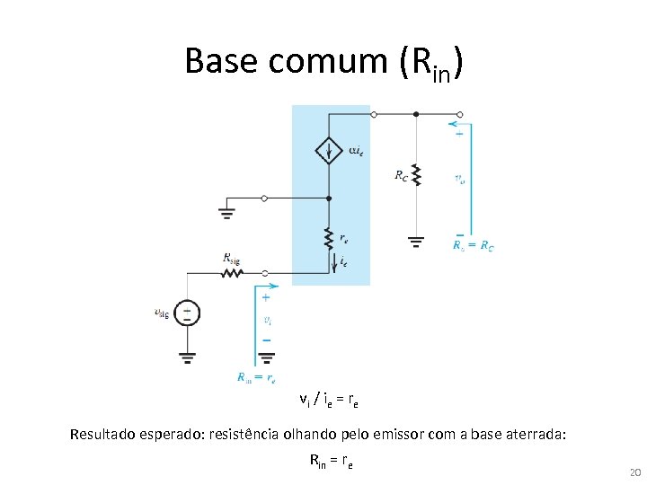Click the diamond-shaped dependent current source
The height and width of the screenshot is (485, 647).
330,150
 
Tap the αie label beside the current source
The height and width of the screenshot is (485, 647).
355,150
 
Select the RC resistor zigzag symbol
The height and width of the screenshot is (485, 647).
415,173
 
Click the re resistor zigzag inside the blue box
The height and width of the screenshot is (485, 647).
330,238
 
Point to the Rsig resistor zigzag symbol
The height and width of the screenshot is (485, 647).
234,272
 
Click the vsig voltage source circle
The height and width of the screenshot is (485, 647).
187,313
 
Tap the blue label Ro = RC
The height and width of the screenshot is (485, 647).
473,245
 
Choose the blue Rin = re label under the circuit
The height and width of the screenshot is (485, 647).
257,378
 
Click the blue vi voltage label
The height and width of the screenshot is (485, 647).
268,319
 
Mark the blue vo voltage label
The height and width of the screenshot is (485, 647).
461,180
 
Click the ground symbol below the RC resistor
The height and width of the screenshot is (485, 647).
415,241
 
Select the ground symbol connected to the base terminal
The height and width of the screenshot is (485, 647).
226,213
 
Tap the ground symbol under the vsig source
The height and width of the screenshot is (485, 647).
187,356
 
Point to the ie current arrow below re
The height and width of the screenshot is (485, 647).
334,262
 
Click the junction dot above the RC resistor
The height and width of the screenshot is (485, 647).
415,115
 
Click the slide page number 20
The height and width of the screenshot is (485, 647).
634,472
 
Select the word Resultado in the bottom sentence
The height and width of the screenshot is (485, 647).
104,436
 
